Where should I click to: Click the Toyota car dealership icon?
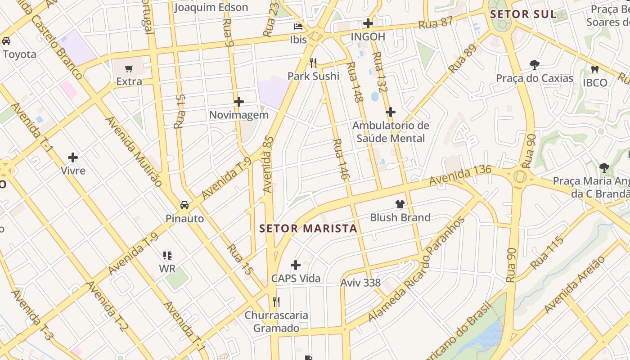point(6,41)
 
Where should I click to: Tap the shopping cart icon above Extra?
point(129,69)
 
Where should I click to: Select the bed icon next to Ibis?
point(298,26)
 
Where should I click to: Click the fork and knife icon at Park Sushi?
point(314,63)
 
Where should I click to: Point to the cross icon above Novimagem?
point(239,102)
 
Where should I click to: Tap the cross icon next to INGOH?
point(368,23)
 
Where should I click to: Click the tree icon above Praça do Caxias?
point(535,65)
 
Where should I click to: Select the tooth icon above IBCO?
point(595,69)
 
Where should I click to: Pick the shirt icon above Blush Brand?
point(400,204)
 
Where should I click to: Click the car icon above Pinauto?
point(184,205)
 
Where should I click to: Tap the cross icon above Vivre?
point(73,157)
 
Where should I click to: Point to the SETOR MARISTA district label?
point(308,229)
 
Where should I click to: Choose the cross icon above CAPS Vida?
point(296,265)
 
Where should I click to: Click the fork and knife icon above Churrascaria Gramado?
point(276,301)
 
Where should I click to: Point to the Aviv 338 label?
point(360,283)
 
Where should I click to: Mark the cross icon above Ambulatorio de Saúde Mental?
point(391,112)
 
